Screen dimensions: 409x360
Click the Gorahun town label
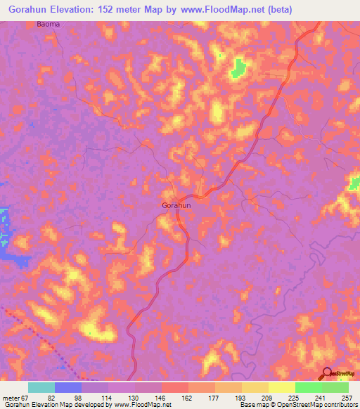(x=176, y=205)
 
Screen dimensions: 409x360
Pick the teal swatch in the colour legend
(x=41, y=387)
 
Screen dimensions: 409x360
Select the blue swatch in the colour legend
(x=68, y=387)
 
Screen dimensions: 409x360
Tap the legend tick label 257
(x=345, y=398)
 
